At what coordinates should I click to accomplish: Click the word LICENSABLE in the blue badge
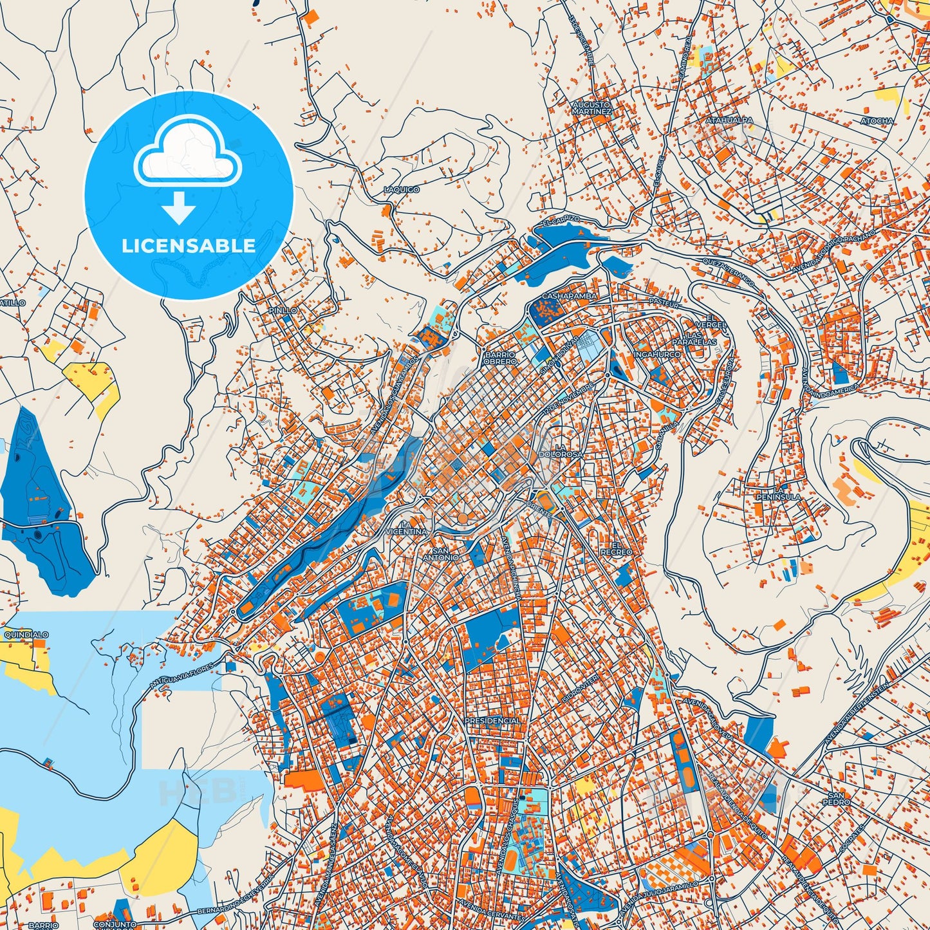189,246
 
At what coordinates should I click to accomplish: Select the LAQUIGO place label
401,190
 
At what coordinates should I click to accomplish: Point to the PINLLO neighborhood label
283,310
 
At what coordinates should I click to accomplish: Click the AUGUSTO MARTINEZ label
591,107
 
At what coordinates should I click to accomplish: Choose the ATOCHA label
877,121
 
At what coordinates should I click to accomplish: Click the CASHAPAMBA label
569,296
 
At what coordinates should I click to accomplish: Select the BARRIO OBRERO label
500,358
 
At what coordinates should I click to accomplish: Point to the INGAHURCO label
656,355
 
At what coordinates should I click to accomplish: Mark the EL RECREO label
616,548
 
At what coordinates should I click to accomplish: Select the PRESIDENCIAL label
492,721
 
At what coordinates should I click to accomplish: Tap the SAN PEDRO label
837,799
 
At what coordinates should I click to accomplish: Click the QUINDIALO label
26,635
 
